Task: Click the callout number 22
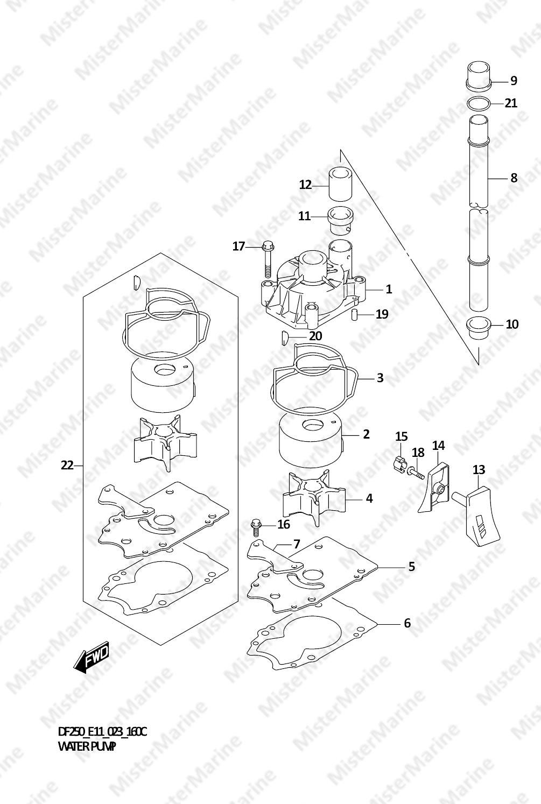67,465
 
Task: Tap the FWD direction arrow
91,656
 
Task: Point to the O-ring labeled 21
479,104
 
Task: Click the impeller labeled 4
314,497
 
